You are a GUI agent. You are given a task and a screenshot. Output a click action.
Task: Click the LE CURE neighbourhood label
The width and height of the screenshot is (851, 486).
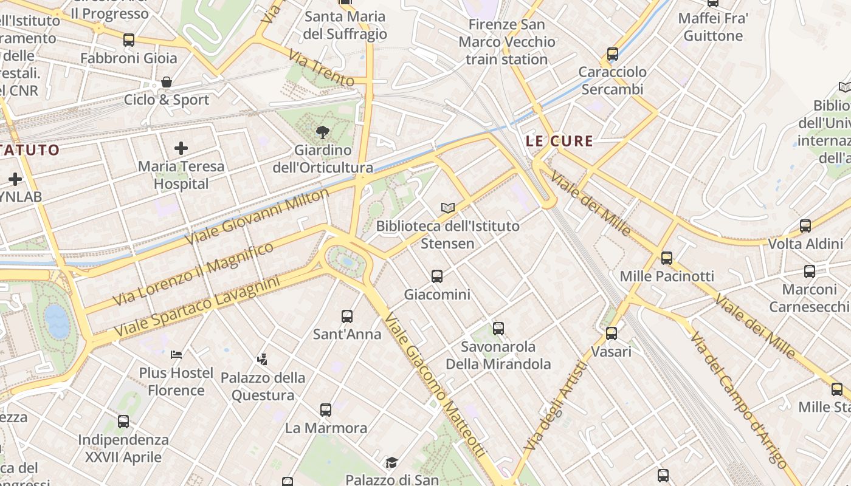pyautogui.click(x=559, y=142)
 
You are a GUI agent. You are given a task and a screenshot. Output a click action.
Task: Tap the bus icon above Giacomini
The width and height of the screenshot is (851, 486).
pyautogui.click(x=437, y=276)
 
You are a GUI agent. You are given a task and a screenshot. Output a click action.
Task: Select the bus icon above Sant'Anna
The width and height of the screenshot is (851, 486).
pyautogui.click(x=347, y=316)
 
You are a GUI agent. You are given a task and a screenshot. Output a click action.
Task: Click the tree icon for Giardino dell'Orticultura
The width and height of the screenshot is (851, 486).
pyautogui.click(x=322, y=131)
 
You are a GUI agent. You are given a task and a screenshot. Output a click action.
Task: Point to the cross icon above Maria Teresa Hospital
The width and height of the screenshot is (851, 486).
pyautogui.click(x=181, y=148)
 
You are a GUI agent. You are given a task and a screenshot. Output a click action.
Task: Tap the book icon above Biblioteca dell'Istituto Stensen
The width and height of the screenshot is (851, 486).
pyautogui.click(x=448, y=208)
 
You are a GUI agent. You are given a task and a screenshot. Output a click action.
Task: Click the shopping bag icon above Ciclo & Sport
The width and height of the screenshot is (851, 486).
pyautogui.click(x=167, y=82)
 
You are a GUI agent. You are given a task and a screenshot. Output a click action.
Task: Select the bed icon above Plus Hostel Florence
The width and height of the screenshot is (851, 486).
pyautogui.click(x=176, y=354)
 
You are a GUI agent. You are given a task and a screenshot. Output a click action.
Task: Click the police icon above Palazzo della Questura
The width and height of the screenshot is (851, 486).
pyautogui.click(x=263, y=360)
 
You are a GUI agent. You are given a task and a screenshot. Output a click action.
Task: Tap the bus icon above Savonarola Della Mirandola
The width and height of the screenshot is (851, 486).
pyautogui.click(x=498, y=329)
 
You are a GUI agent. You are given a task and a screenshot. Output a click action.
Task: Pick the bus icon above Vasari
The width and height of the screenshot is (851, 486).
pyautogui.click(x=612, y=334)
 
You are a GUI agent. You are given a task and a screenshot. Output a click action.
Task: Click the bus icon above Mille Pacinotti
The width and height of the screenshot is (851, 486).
pyautogui.click(x=667, y=258)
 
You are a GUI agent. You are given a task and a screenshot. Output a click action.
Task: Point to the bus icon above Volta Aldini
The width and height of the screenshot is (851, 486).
pyautogui.click(x=805, y=226)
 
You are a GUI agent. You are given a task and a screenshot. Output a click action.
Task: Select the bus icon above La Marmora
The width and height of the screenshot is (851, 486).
pyautogui.click(x=326, y=410)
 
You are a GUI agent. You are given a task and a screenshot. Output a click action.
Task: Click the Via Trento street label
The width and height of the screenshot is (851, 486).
pyautogui.click(x=322, y=69)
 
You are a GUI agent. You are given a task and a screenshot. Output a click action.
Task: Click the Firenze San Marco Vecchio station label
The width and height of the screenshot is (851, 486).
pyautogui.click(x=507, y=42)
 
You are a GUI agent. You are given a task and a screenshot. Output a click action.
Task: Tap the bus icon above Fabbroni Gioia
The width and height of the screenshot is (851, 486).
pyautogui.click(x=129, y=40)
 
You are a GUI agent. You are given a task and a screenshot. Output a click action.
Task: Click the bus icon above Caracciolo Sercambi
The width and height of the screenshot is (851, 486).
pyautogui.click(x=613, y=54)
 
